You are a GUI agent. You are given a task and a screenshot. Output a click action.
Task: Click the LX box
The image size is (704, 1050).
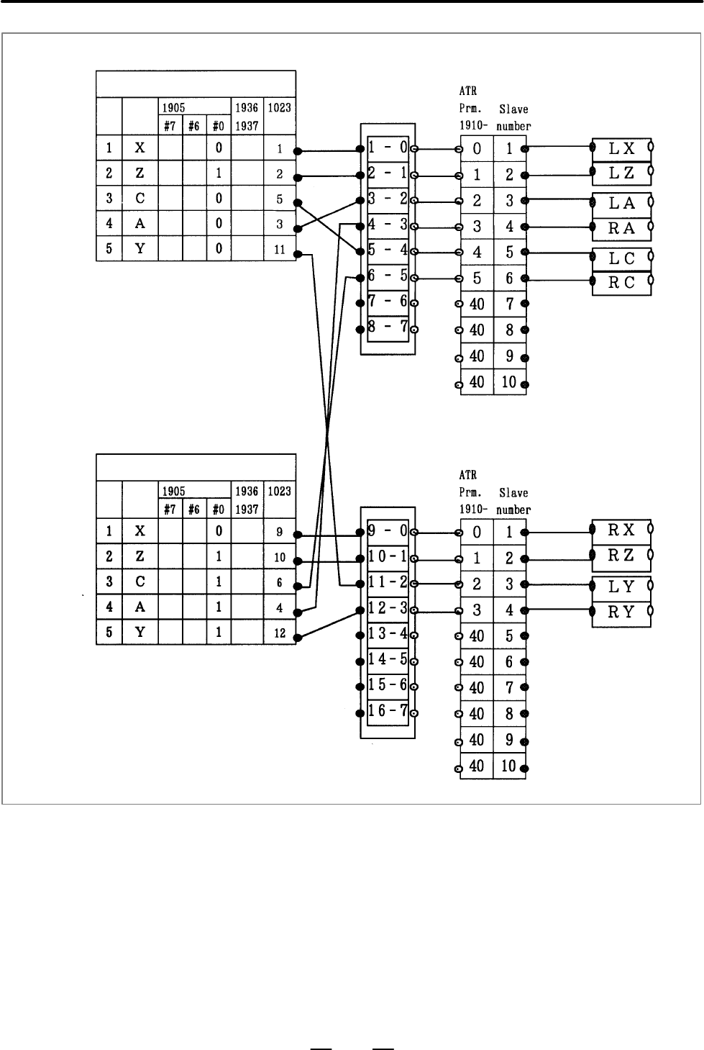[x=621, y=150]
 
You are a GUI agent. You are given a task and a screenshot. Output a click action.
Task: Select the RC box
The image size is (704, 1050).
[x=621, y=283]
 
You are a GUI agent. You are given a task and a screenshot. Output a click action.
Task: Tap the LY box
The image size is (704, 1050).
[x=621, y=587]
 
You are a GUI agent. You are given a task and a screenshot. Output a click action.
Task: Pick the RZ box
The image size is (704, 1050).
[x=621, y=556]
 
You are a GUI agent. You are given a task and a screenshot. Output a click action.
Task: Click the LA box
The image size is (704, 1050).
[x=621, y=204]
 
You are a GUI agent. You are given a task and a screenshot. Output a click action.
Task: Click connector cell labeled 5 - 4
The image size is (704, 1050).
[x=388, y=250]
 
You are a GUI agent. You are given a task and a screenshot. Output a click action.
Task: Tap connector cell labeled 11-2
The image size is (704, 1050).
[x=388, y=582]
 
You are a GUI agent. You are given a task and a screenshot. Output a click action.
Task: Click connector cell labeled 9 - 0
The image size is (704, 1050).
[x=388, y=532]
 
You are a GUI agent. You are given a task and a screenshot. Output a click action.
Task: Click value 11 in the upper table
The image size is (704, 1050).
[x=280, y=250]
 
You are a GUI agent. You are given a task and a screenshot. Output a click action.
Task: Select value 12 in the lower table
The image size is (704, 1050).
[x=280, y=633]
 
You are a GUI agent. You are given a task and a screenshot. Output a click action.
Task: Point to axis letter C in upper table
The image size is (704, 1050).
[x=140, y=199]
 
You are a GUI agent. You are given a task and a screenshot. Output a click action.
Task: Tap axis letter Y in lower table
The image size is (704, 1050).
[x=140, y=633]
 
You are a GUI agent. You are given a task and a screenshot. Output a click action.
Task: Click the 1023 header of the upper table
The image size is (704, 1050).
[x=280, y=108]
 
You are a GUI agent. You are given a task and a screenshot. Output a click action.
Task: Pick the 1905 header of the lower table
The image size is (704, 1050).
[x=174, y=492]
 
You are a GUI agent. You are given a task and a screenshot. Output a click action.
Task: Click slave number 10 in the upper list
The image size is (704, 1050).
[x=509, y=382]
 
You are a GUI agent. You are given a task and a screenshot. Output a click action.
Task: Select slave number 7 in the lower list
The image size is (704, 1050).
[x=510, y=688]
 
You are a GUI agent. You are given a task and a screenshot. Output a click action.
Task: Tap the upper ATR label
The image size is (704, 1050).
[x=468, y=91]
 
